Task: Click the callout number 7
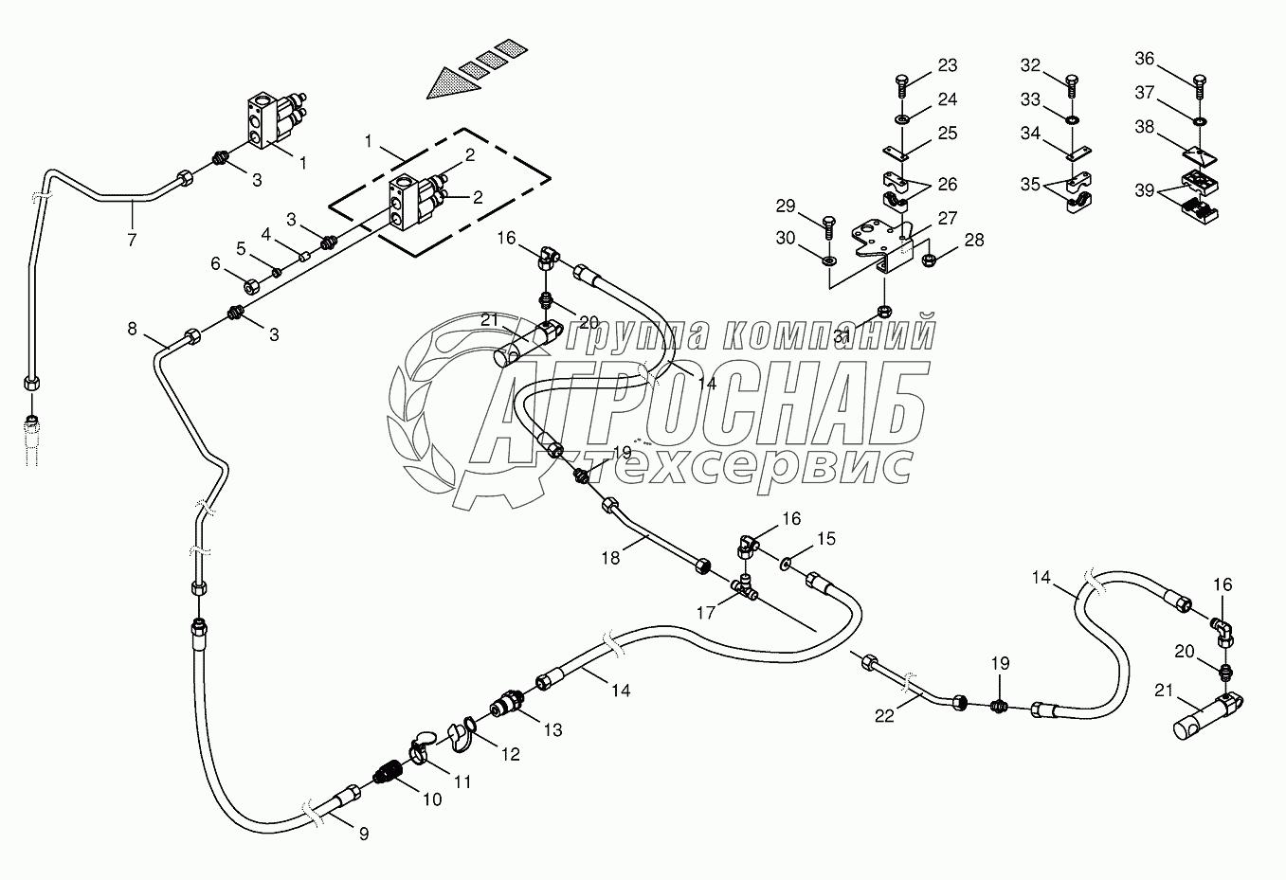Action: coord(132,241)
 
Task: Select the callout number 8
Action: coord(133,329)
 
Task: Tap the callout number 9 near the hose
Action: coord(363,834)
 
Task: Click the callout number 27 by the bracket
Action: coord(947,218)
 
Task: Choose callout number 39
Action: coord(1145,191)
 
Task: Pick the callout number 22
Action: coord(883,716)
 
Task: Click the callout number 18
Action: coord(610,558)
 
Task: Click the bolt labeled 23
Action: coord(901,85)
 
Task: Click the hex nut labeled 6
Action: coord(253,285)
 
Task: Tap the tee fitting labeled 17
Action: coord(748,588)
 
